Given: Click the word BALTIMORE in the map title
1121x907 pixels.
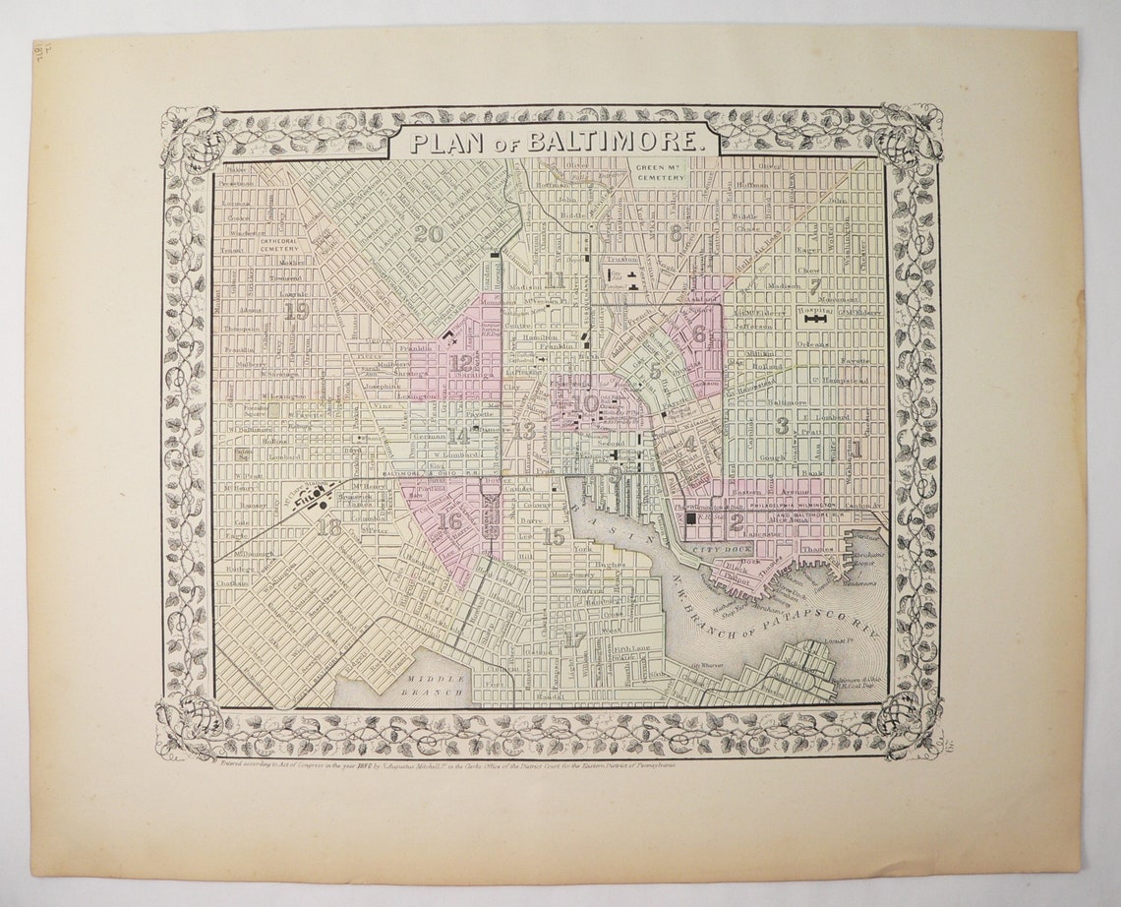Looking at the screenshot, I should click(x=617, y=142).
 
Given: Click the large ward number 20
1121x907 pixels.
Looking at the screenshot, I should click(x=428, y=234).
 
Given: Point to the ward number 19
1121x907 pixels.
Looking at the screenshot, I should click(x=296, y=312).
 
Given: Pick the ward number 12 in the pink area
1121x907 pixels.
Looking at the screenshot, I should click(x=460, y=362).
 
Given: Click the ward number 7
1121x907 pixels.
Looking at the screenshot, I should click(x=815, y=287).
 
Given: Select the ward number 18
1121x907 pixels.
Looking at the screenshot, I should click(x=328, y=526).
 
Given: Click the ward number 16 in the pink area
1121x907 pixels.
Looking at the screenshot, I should click(x=450, y=521).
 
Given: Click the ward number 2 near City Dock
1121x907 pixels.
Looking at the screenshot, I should click(x=736, y=522).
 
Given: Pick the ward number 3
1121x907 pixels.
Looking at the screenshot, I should click(x=782, y=425).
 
